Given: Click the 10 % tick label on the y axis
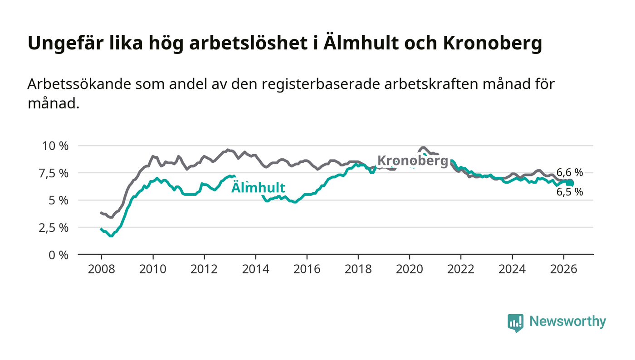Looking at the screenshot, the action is click(55, 146).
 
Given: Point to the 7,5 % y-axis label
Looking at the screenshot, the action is click(54, 173).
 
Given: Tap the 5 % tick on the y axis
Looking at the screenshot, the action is click(59, 200).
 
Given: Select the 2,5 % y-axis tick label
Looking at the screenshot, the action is click(54, 228).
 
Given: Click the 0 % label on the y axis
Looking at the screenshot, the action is click(59, 255).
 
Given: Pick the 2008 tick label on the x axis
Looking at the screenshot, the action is click(102, 269).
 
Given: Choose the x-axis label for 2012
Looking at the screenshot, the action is click(204, 269).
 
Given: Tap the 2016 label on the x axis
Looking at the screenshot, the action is click(307, 269).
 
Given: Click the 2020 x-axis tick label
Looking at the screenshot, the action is click(409, 269).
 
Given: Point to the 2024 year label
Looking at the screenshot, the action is click(512, 269).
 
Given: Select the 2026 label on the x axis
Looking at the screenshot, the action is click(563, 269).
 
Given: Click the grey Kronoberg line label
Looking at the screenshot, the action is click(413, 161).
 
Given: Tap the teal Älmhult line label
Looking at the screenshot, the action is click(258, 187).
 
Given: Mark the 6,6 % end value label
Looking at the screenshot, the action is click(570, 172).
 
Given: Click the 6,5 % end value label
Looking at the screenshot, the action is click(570, 192).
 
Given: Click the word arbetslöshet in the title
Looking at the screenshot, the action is click(249, 43).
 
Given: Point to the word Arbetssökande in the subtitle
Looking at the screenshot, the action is click(79, 84).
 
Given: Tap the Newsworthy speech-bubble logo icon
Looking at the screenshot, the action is click(515, 323).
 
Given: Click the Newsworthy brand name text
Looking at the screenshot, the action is click(568, 321).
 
